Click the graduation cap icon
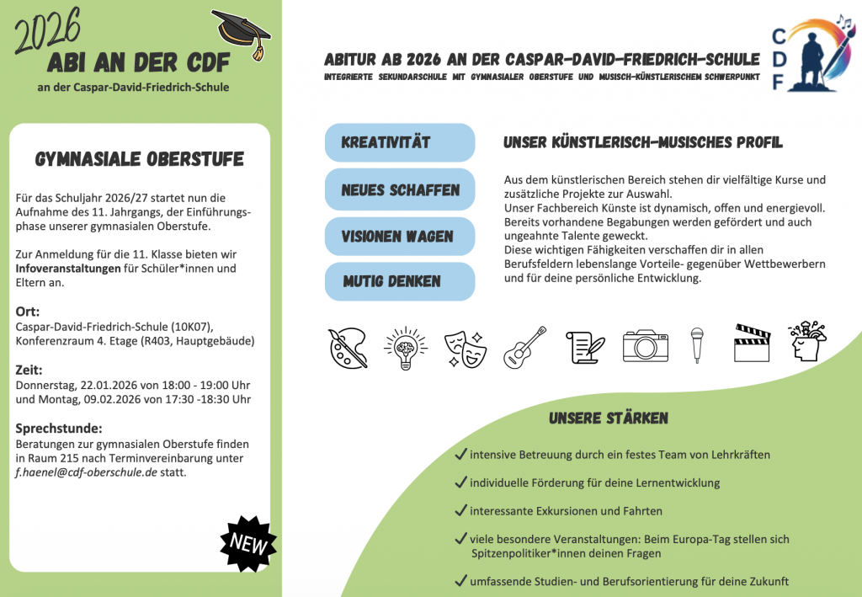[242, 34]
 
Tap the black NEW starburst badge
[248, 543]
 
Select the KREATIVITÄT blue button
[400, 142]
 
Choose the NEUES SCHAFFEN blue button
[400, 189]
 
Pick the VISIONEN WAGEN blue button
[400, 237]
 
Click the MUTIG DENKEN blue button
[400, 281]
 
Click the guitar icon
[524, 347]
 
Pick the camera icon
[645, 345]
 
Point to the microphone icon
[697, 345]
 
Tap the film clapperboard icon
[752, 344]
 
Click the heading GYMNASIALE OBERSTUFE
[139, 160]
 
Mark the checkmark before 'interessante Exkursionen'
[460, 510]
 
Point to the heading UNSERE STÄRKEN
[609, 418]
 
